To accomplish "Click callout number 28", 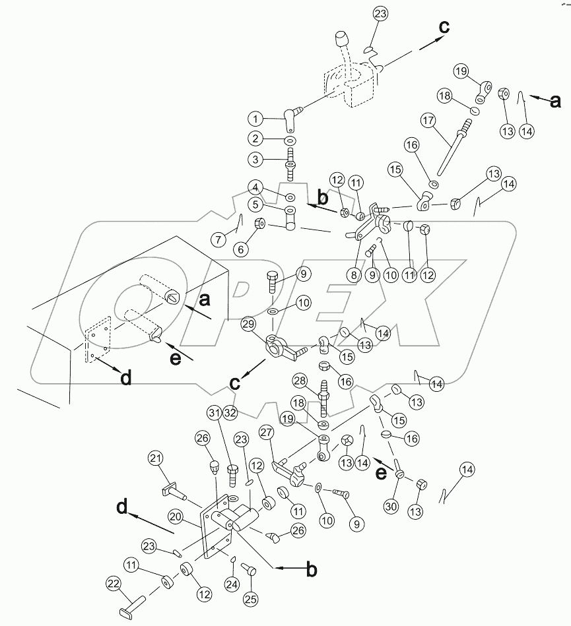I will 300,381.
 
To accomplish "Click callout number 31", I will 213,412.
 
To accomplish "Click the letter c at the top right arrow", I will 444,28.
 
